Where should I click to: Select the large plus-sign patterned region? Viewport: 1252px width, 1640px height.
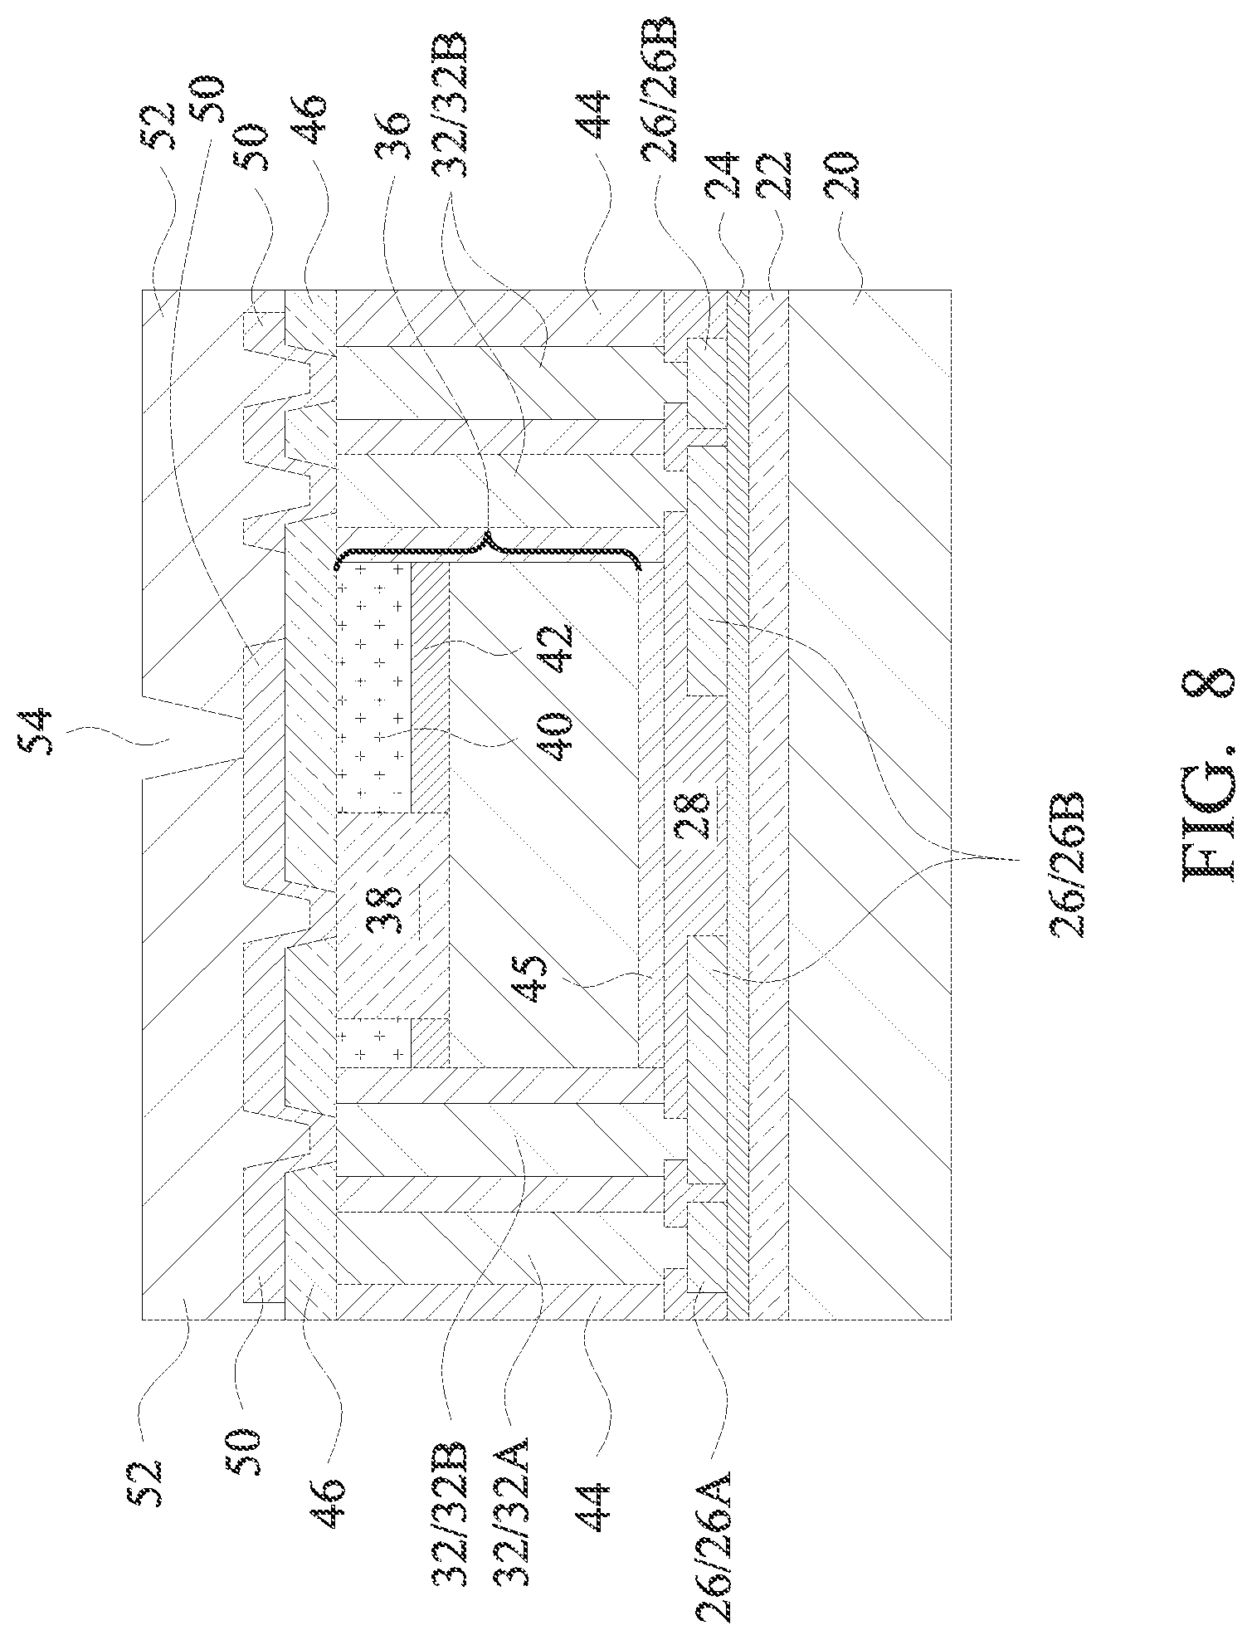click(x=373, y=687)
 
